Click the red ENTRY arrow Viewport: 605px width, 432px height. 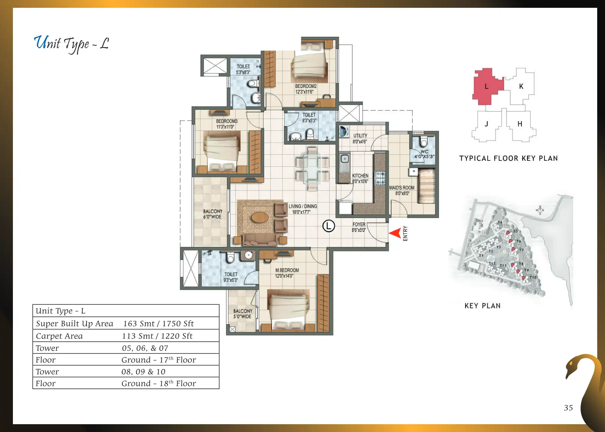pos(396,233)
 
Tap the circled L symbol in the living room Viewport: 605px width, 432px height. pos(329,226)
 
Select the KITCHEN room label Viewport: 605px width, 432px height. pos(360,176)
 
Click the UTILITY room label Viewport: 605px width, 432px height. pos(360,136)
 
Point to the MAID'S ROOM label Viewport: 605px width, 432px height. pos(402,188)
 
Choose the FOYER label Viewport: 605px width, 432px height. pos(359,224)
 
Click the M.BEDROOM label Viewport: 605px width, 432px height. pos(287,270)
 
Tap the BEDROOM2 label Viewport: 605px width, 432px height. pos(306,86)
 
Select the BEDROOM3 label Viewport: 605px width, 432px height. pos(227,121)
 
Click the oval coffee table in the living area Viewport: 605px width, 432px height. pos(260,217)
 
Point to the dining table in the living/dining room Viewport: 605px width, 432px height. pos(312,169)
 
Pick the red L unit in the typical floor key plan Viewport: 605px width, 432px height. pos(488,86)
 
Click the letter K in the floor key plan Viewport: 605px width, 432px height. pos(521,86)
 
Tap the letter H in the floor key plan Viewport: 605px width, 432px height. pos(520,124)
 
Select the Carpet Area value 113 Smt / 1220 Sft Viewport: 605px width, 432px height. pos(157,336)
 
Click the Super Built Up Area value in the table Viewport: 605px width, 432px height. pos(158,324)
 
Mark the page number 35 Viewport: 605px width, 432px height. pos(568,408)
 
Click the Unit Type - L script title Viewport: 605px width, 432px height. pos(71,44)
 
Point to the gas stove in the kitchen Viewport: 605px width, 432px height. pos(381,178)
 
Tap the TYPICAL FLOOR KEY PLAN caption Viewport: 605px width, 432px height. pos(508,158)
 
